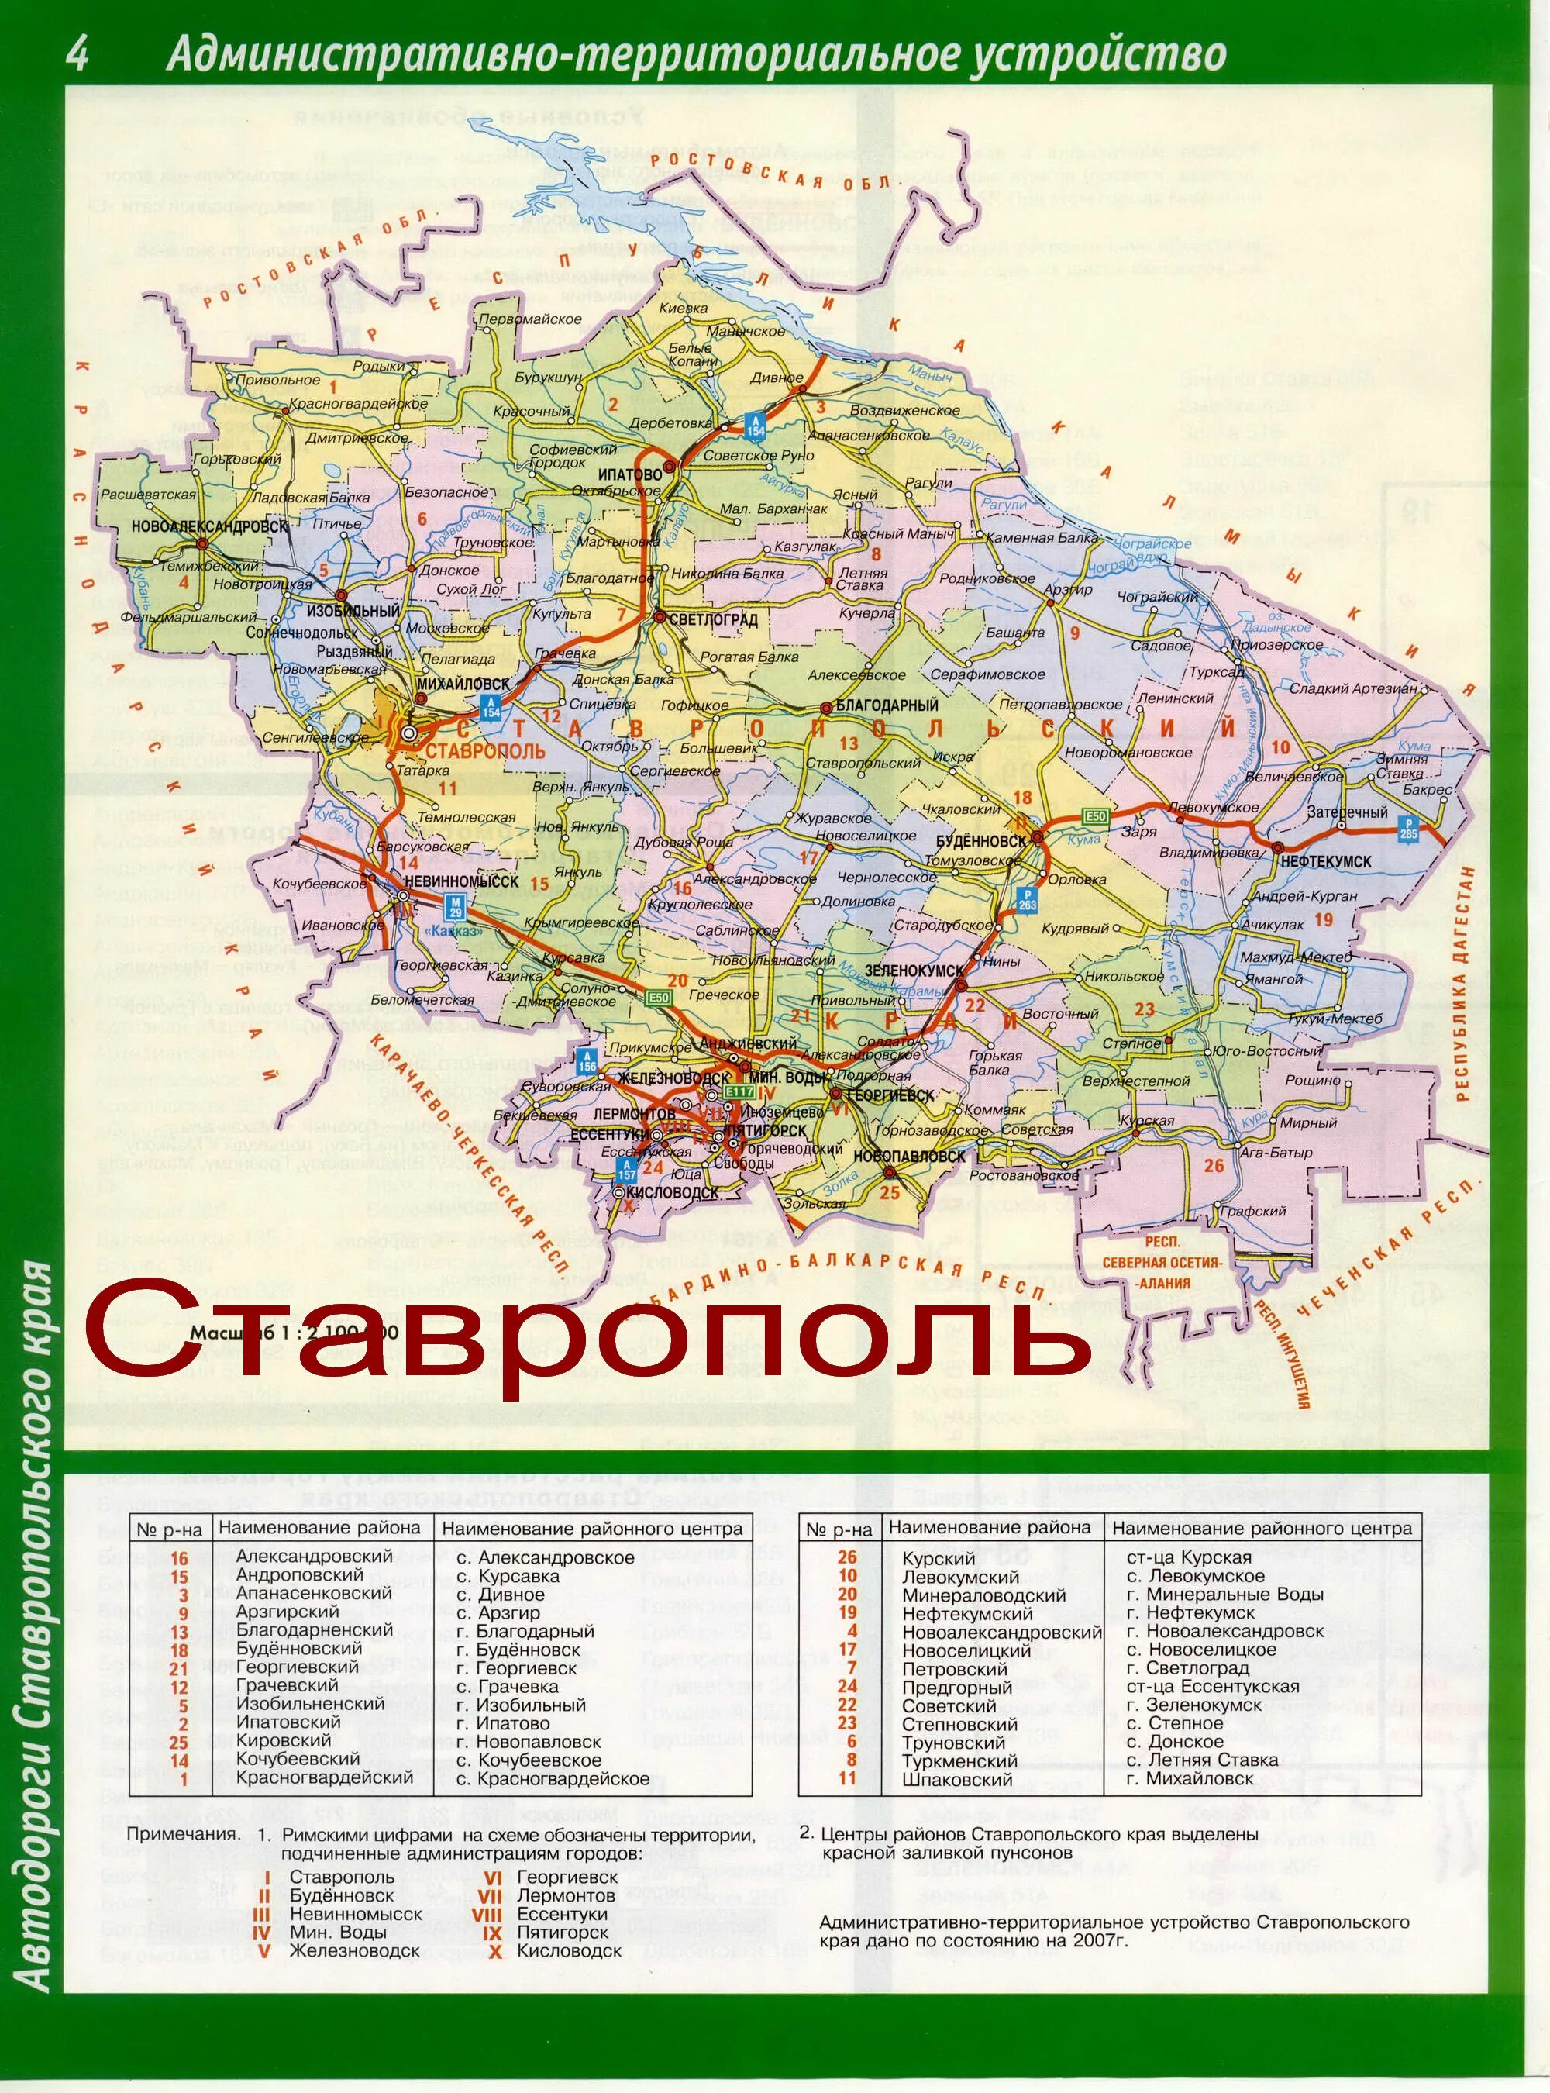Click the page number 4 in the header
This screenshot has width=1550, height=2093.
pos(77,53)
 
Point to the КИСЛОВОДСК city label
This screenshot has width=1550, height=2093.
pos(673,1193)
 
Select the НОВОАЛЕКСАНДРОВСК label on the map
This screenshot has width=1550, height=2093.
pos(209,526)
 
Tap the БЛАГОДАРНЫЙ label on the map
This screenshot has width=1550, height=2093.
pos(886,705)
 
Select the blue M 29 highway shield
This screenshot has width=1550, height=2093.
pos(456,905)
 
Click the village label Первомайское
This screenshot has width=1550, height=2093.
pos(530,319)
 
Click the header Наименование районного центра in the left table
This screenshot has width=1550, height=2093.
pos(592,1529)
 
